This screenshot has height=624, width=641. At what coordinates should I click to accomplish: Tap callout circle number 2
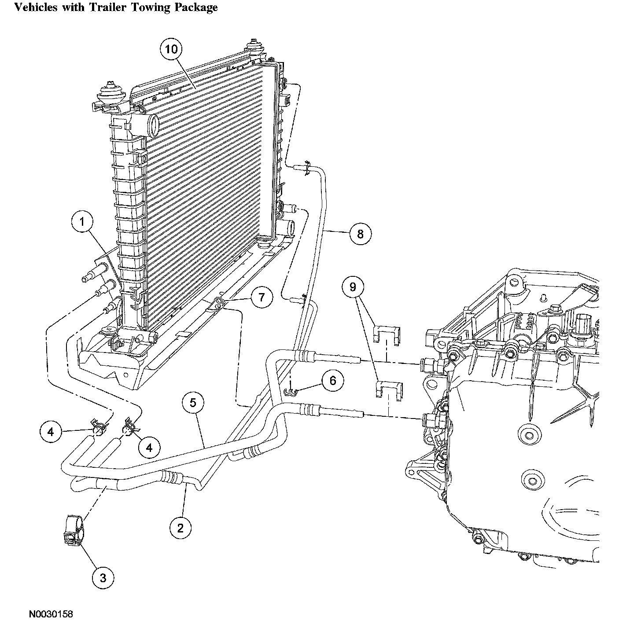[x=181, y=527]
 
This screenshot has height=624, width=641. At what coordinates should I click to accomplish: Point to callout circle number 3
[x=103, y=577]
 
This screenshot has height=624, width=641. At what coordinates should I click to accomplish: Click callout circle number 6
[x=333, y=381]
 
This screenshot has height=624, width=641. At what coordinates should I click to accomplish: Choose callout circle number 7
[x=262, y=298]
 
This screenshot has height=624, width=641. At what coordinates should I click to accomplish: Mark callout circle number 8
[x=361, y=234]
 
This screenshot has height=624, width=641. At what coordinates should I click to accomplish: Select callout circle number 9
[x=353, y=287]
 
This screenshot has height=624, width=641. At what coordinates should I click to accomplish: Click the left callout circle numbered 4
[x=51, y=432]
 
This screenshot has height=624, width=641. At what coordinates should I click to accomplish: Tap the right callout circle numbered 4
[x=149, y=448]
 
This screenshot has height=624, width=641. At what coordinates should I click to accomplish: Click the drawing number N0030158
[x=51, y=614]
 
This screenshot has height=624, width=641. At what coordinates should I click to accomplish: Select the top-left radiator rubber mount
[x=107, y=94]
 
